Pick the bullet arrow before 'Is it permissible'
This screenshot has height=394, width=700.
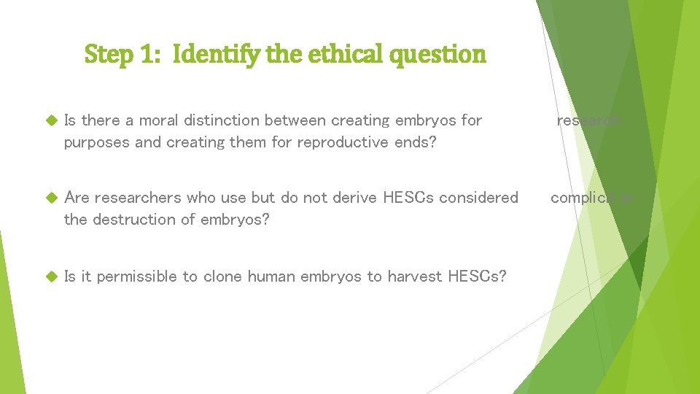point(50,277)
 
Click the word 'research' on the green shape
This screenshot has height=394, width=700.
point(589,120)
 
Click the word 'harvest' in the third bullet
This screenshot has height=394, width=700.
point(416,276)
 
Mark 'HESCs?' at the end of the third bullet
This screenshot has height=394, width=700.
point(477,276)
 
